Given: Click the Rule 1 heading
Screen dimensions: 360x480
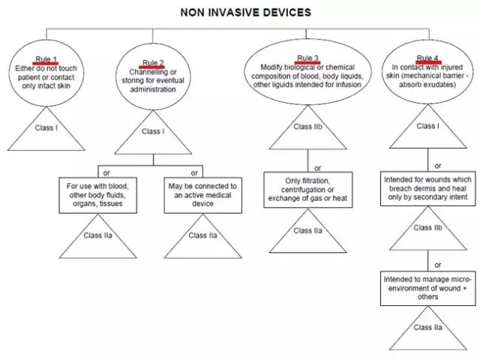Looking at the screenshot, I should pos(46,58).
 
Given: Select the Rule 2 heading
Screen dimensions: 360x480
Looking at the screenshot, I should pos(153,62).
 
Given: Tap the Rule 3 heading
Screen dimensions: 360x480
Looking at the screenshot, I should pos(307,58).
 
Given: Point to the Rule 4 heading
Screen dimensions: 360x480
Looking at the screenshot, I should pos(427,58).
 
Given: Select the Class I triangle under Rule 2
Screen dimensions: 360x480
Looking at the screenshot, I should pos(153,133).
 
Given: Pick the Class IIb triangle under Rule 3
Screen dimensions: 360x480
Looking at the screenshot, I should pos(307,129).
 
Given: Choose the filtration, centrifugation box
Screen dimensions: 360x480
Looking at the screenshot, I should pos(307,190).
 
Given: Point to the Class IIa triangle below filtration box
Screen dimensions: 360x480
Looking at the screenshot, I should pos(307,232).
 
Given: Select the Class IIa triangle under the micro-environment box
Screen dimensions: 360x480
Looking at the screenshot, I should pos(427,330).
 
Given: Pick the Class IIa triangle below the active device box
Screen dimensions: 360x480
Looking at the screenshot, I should pos(202,237).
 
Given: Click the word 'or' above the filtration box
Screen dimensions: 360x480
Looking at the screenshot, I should pos(317,168).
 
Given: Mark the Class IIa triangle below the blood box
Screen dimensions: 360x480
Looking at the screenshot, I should pos(99,237).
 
